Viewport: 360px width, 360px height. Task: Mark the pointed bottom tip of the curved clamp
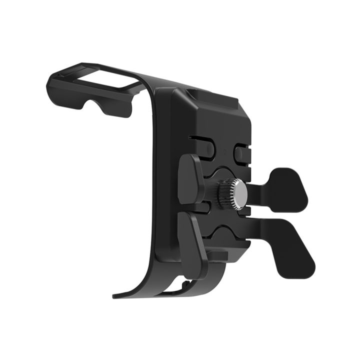[x=116, y=295]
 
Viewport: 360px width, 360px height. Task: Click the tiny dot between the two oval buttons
[x=225, y=150]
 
